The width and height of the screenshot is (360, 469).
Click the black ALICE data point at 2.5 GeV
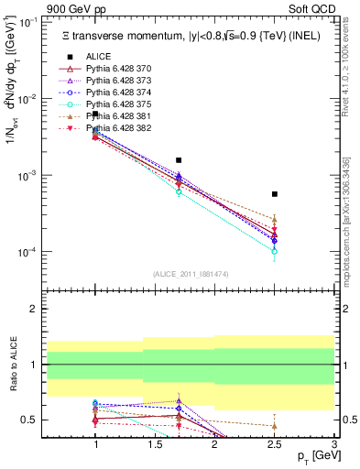tap(275, 194)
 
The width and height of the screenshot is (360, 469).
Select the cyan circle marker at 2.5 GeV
tap(275, 251)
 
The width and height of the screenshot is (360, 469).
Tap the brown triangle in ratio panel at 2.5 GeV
tap(275, 426)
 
